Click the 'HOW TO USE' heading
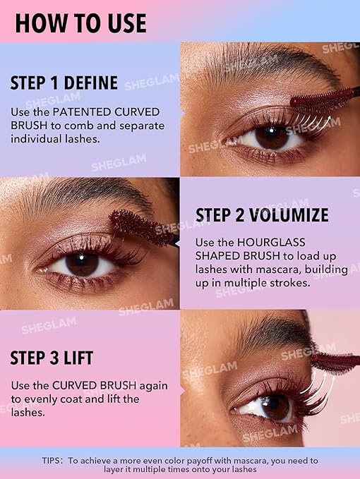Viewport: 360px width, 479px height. tap(80, 23)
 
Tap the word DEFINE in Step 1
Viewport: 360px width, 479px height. tap(91, 83)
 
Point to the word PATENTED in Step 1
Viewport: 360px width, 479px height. tap(82, 111)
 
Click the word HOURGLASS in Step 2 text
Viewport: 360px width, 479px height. tap(271, 242)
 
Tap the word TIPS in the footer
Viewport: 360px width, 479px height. tap(52, 461)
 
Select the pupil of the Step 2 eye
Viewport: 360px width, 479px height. tap(82, 264)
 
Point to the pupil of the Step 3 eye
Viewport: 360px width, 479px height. tap(272, 406)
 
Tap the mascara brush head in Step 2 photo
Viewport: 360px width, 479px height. tap(140, 227)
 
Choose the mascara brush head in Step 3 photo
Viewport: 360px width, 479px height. tap(335, 363)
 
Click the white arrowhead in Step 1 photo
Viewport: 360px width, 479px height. tap(328, 118)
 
